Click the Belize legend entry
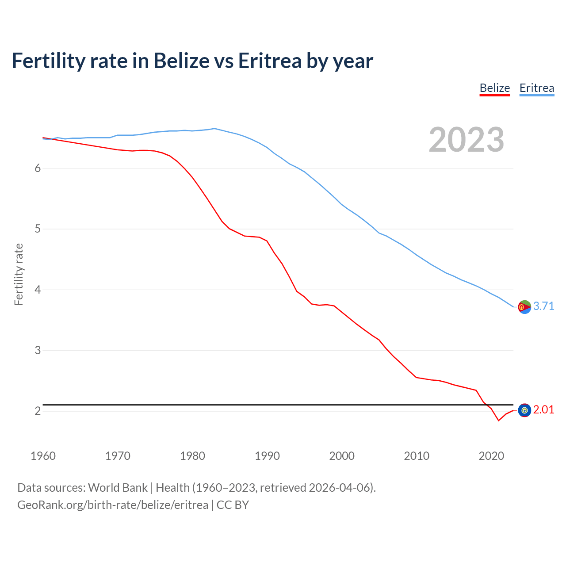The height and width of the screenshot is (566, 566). [495, 88]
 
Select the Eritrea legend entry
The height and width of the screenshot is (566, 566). [536, 88]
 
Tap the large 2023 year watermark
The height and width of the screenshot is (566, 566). [467, 140]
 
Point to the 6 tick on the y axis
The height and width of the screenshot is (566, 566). [38, 168]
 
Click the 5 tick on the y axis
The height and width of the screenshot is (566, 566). [38, 229]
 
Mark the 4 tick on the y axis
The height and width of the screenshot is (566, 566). [38, 290]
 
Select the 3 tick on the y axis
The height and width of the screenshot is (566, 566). [38, 350]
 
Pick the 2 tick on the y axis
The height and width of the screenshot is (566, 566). [38, 411]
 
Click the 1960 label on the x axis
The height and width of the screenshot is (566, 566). [43, 456]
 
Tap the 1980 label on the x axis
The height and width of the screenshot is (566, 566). [192, 456]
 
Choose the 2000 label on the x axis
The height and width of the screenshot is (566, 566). [342, 456]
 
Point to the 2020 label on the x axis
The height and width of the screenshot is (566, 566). [491, 456]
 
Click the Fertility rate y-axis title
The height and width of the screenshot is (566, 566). [19, 274]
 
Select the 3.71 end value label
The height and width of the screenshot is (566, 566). [543, 306]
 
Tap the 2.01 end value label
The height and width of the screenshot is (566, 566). [543, 409]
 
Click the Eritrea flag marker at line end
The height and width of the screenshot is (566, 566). [524, 306]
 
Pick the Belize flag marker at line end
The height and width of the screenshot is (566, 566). [524, 410]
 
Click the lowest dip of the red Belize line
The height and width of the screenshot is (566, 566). [498, 420]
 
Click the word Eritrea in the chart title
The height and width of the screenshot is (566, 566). [270, 61]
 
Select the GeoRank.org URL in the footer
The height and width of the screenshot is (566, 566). [112, 505]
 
